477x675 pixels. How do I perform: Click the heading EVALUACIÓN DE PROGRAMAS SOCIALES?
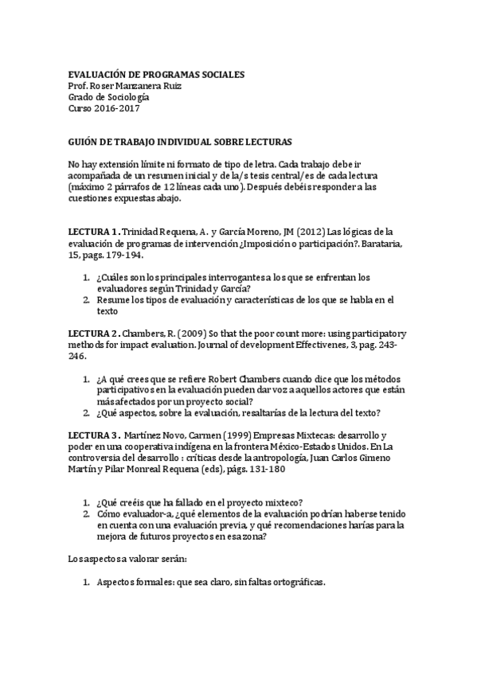(156, 74)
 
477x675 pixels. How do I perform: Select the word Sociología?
(126, 97)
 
